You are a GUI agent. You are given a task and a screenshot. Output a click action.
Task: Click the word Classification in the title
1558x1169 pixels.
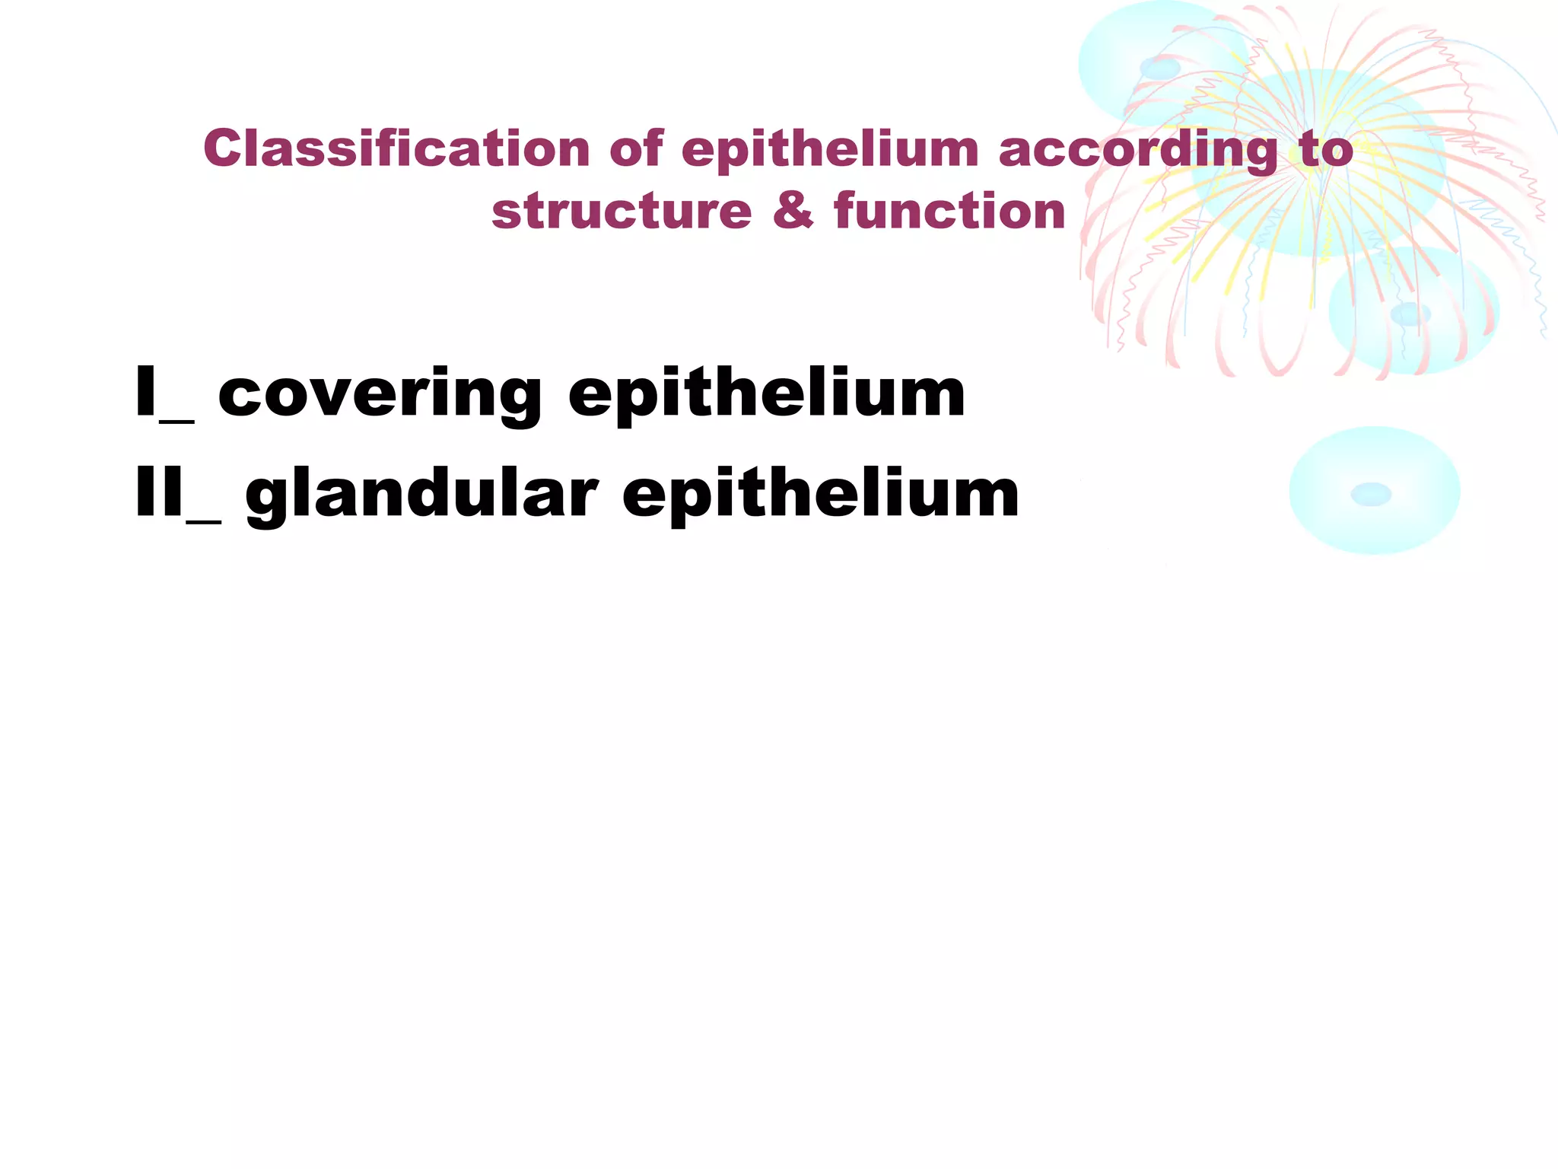pyautogui.click(x=396, y=148)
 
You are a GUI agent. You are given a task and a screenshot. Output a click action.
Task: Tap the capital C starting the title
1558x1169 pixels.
pyautogui.click(x=220, y=148)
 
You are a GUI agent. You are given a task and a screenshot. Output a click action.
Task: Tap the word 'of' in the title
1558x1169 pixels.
pyautogui.click(x=637, y=148)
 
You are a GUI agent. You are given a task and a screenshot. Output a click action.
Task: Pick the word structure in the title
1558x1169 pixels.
pyautogui.click(x=621, y=211)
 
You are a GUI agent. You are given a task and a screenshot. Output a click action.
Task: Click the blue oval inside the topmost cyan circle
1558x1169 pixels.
pyautogui.click(x=1159, y=69)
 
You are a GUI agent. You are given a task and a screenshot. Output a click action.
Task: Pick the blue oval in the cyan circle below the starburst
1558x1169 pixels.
pyautogui.click(x=1410, y=313)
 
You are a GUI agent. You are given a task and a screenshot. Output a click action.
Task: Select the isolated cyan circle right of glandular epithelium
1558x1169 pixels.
pyautogui.click(x=1374, y=491)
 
